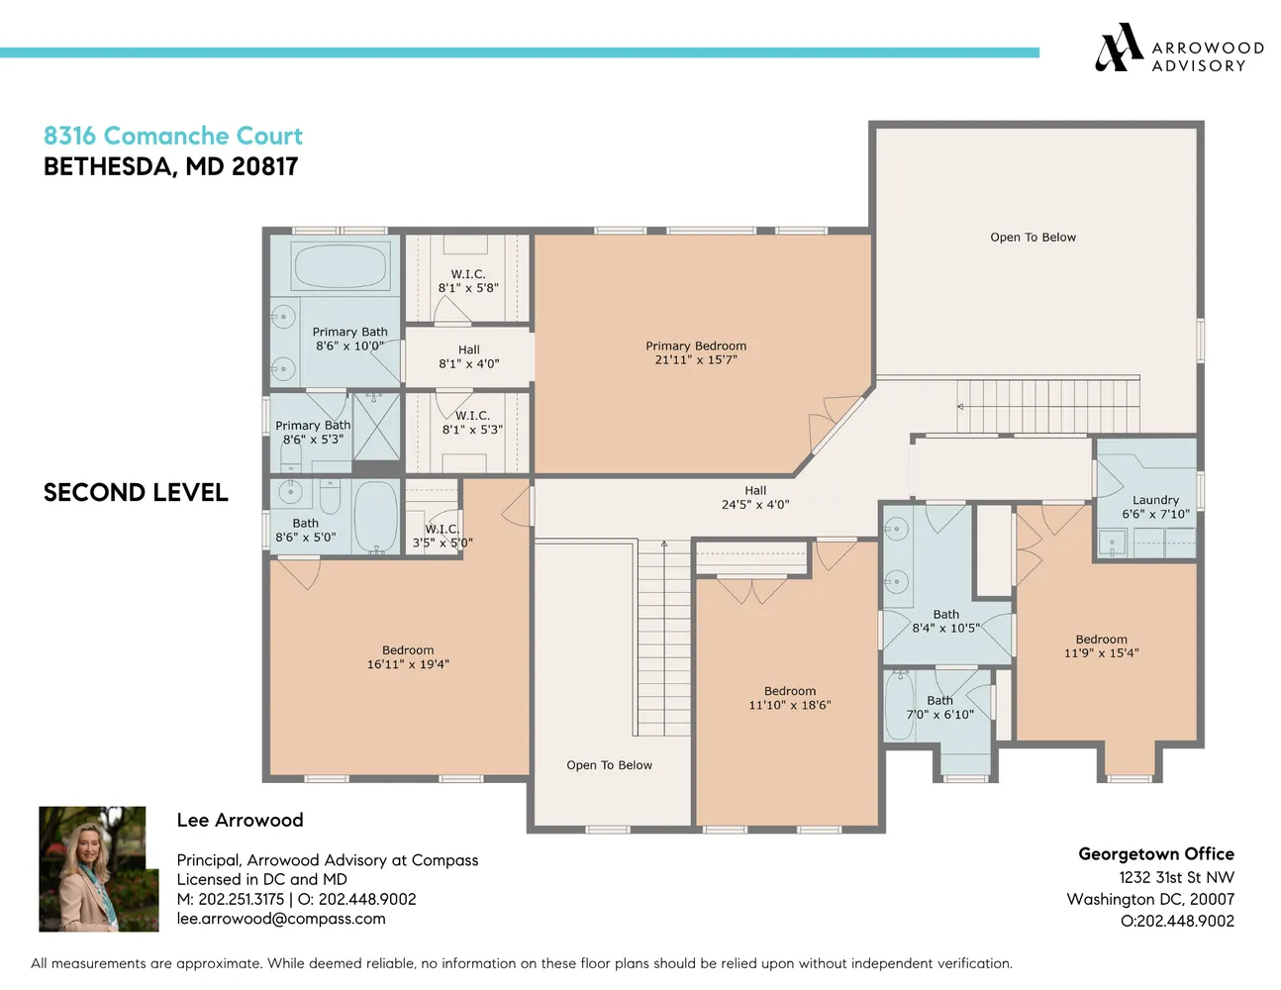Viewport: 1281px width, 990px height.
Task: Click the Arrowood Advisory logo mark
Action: point(1119,48)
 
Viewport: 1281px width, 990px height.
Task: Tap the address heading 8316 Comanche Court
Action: point(173,136)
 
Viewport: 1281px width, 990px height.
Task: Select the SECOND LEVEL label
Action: point(136,492)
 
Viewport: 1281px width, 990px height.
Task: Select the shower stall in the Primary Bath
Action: point(377,426)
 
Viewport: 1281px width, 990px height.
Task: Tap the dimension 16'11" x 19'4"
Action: point(408,664)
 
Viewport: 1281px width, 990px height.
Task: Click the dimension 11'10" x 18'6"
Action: point(789,705)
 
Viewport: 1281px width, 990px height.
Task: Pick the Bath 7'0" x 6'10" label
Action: point(939,707)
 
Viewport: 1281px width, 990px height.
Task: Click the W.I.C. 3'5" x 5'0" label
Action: point(442,536)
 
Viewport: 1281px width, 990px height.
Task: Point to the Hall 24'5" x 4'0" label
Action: point(755,497)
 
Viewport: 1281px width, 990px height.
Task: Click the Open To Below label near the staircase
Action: point(609,765)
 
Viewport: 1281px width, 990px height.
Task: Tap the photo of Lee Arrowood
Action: point(98,868)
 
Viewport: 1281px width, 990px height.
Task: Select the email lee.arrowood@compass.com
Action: point(281,919)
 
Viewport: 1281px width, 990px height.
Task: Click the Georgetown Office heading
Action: point(1155,853)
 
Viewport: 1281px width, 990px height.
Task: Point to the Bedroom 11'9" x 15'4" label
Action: point(1101,645)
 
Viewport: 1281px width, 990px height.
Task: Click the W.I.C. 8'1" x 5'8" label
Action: point(468,281)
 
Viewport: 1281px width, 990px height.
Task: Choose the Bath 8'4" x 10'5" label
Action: point(945,621)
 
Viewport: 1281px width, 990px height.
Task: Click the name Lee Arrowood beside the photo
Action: point(240,820)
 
